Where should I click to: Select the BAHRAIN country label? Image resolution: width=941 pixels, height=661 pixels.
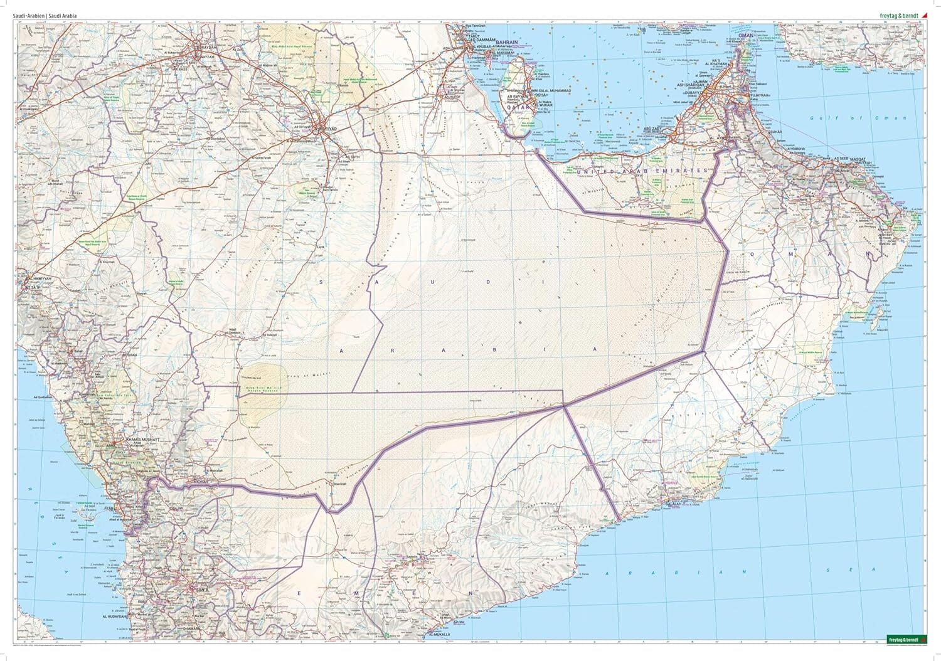click(507, 43)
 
